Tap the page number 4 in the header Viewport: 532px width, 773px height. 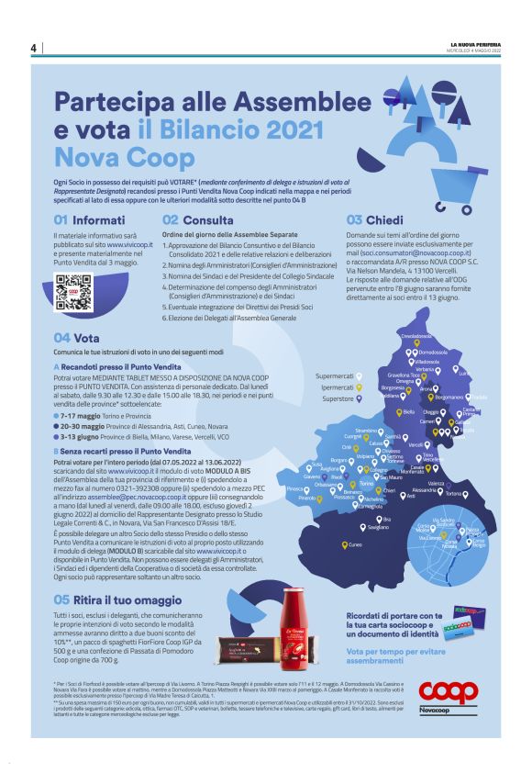pos(33,48)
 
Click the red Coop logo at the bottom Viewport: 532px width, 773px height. pos(447,691)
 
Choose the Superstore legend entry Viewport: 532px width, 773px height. pos(339,398)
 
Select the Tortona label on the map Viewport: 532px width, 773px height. pos(480,493)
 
